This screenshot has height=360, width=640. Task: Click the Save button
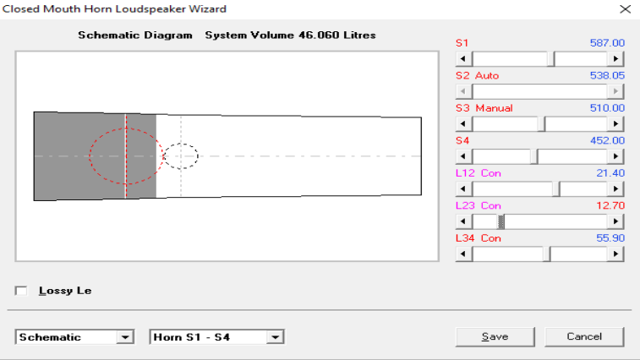pos(495,336)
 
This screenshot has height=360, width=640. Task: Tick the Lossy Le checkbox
pos(21,291)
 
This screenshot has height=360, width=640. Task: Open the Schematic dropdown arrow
pos(125,337)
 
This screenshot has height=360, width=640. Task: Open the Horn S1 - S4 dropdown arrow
pos(276,337)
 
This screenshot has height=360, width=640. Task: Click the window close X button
pos(625,9)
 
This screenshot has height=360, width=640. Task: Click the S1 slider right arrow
pos(615,59)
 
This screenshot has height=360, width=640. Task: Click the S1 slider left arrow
pos(463,59)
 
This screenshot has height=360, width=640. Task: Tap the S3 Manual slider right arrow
pos(615,123)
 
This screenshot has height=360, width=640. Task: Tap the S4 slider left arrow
pos(463,156)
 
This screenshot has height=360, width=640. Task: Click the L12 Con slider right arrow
pos(615,189)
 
